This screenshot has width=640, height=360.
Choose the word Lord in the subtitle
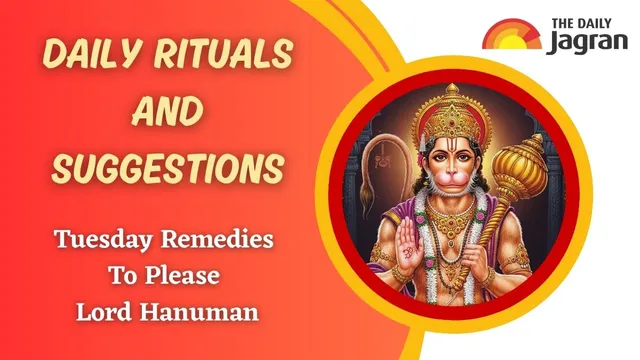point(104,311)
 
